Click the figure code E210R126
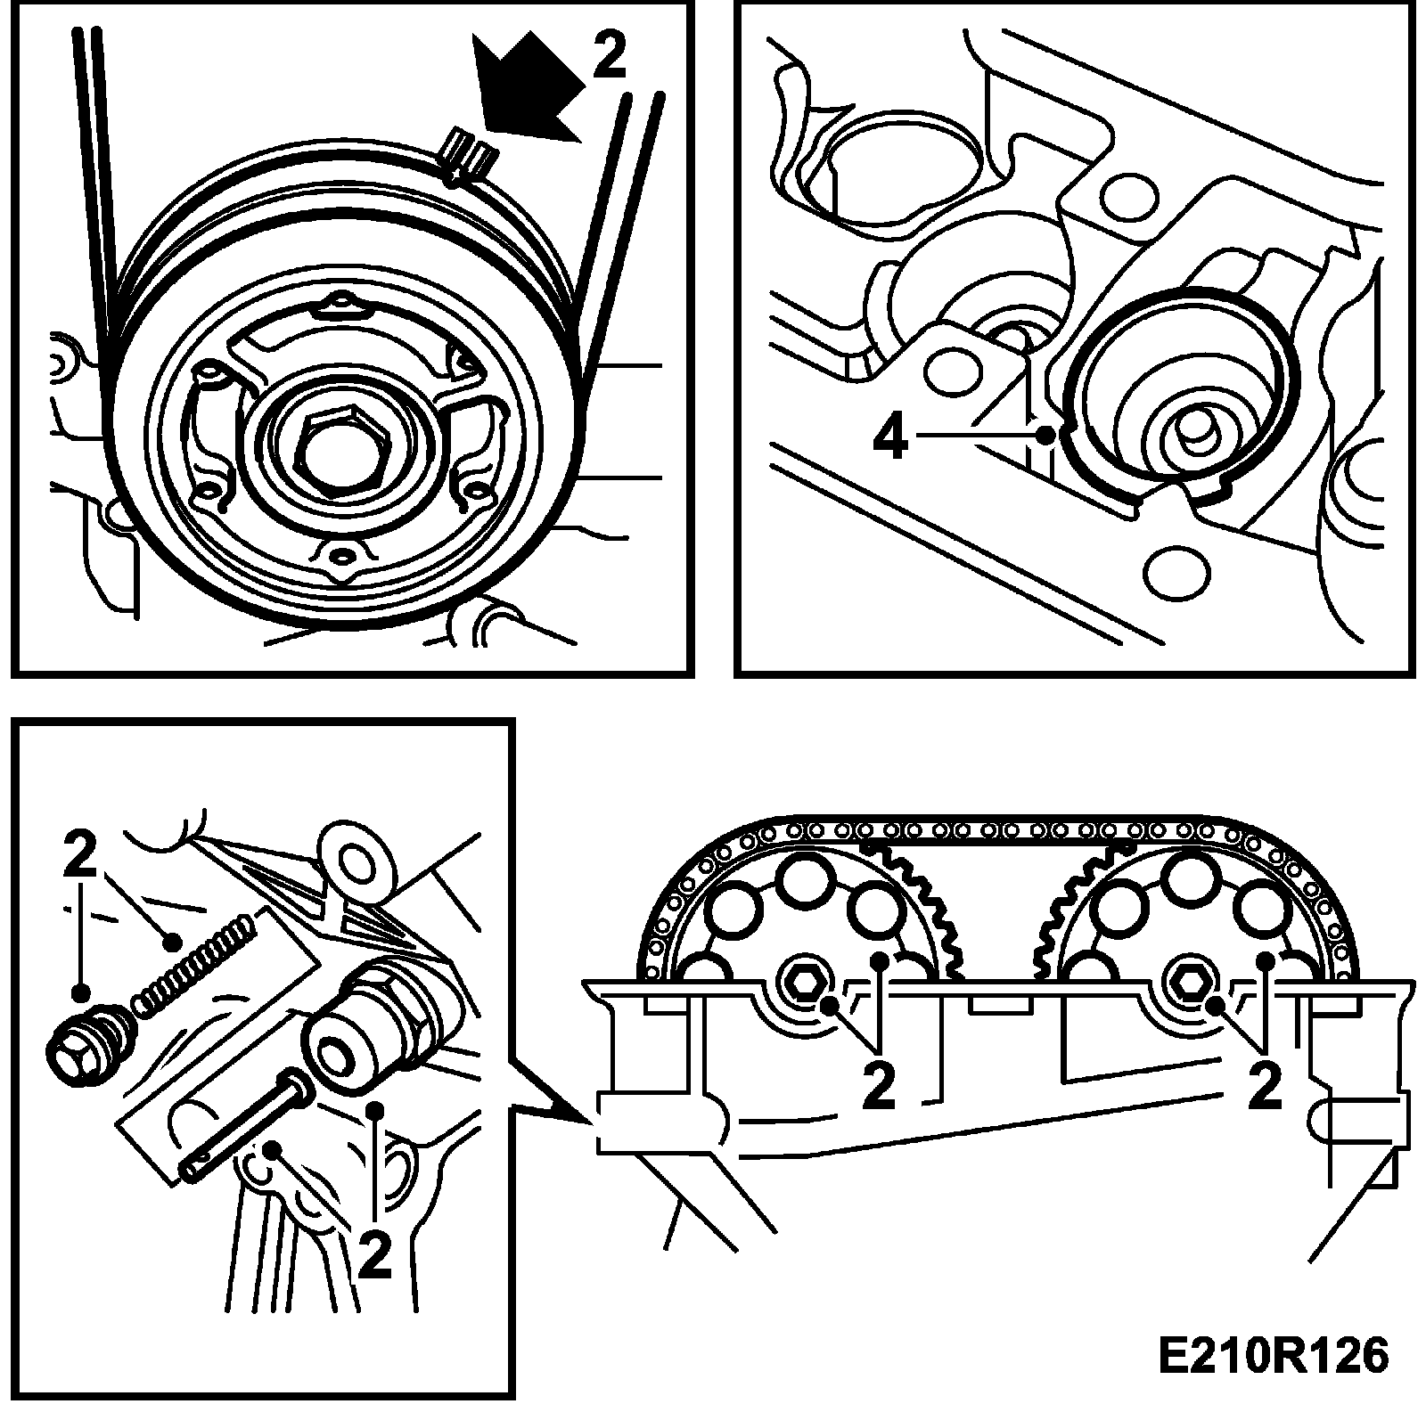point(1273,1356)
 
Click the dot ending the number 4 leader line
point(1048,436)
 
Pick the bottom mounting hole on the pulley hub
point(339,559)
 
